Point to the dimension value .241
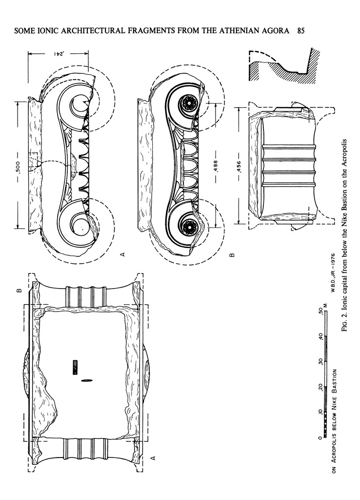[x=58, y=53]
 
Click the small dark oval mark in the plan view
[x=88, y=379]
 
